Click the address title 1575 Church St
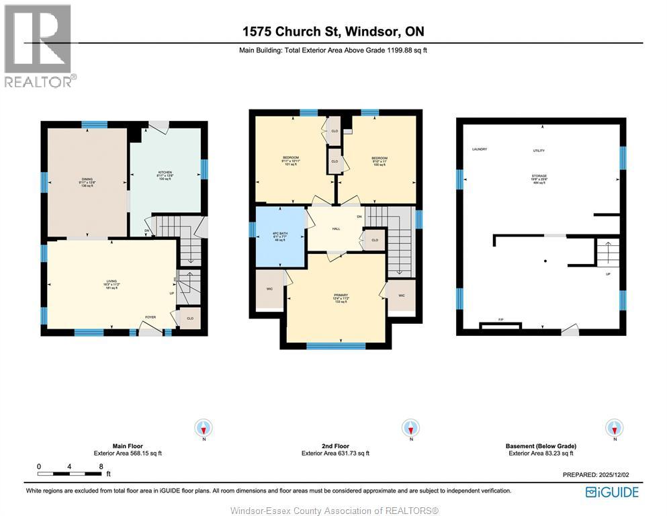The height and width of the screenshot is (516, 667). (332, 32)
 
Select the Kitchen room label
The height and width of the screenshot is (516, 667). (165, 172)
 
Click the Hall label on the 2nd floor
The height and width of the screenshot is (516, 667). (335, 228)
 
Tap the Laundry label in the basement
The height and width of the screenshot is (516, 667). (479, 149)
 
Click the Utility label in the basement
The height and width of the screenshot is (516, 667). (539, 151)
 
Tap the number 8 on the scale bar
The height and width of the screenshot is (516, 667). (101, 466)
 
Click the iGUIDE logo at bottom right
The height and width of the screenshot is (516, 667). (612, 492)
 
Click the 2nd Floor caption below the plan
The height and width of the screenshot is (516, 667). (335, 446)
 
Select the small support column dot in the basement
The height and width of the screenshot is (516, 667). (545, 261)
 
